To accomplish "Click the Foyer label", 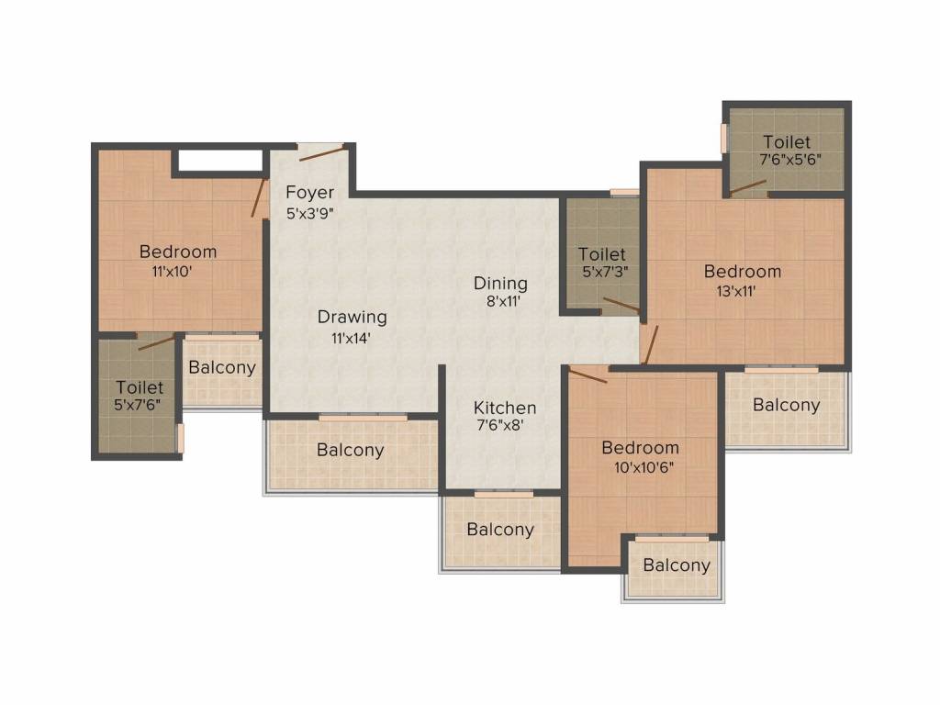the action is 310,193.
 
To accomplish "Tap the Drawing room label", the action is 352,317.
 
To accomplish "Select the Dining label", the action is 500,284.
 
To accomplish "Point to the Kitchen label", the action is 505,408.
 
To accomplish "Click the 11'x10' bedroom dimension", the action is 172,272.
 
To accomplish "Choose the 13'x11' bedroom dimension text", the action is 736,291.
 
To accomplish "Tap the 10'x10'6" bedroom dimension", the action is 643,467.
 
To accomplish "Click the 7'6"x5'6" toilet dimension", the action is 790,160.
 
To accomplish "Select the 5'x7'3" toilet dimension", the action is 606,272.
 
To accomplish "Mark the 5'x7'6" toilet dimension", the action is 138,405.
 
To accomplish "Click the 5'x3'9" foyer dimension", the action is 310,213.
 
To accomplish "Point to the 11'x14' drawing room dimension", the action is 352,338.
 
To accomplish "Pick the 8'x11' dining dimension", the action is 503,301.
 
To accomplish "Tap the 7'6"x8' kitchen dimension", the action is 500,425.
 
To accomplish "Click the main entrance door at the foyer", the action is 321,151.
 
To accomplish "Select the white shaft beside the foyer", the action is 220,161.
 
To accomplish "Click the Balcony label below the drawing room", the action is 351,450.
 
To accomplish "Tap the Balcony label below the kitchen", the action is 500,530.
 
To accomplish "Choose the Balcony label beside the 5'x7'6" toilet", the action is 222,367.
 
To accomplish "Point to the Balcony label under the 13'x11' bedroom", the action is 787,405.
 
